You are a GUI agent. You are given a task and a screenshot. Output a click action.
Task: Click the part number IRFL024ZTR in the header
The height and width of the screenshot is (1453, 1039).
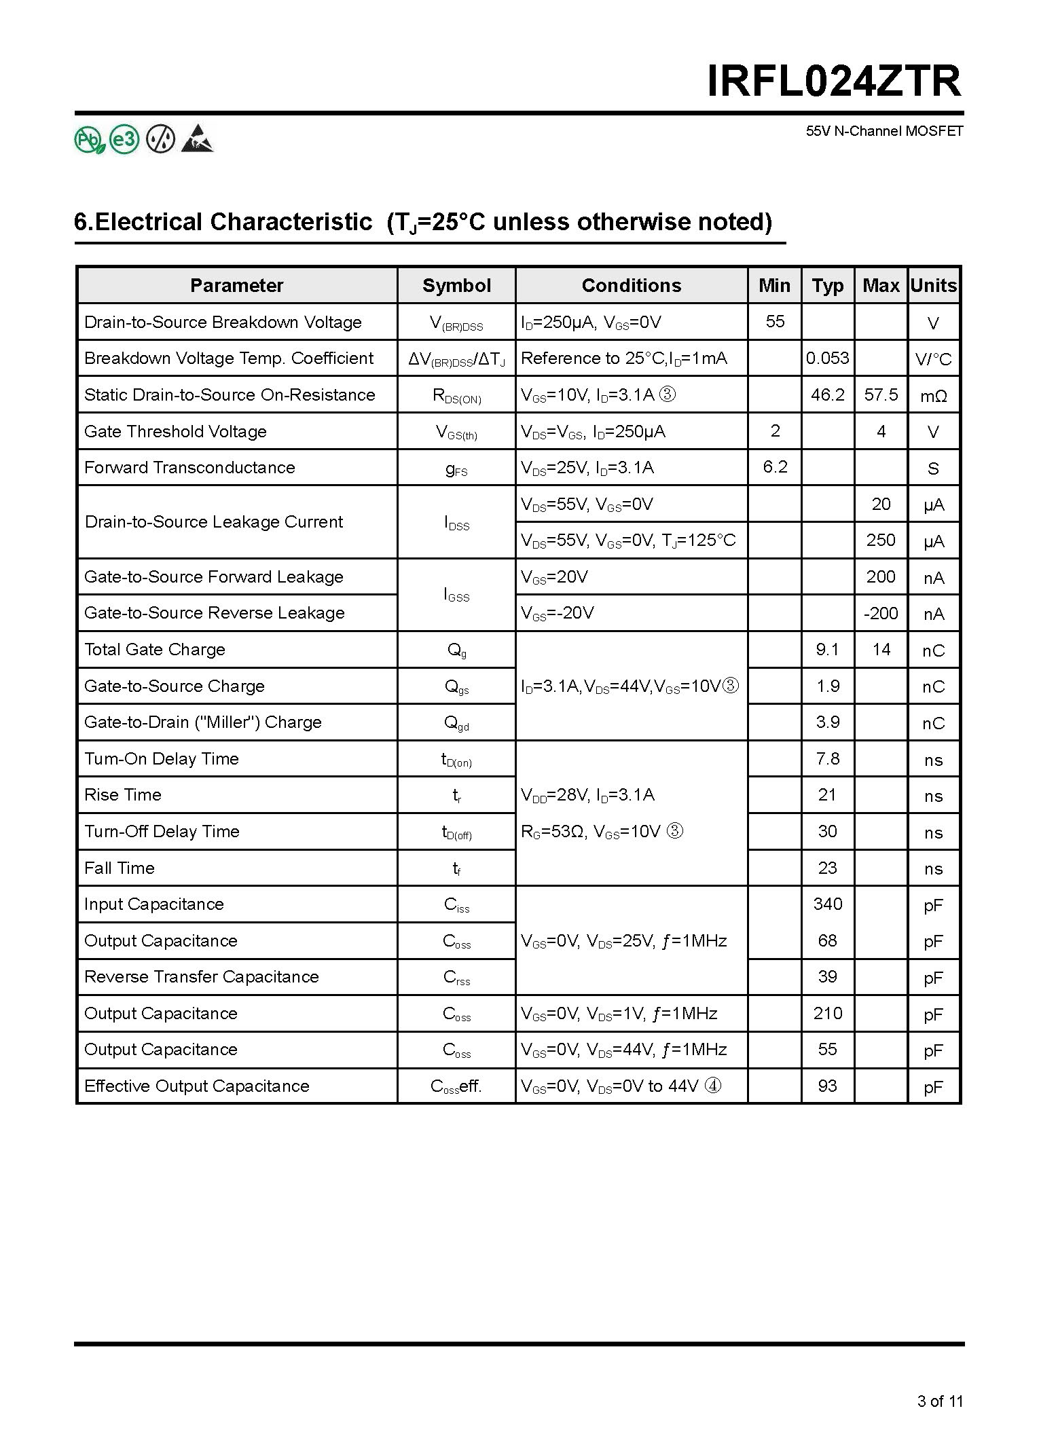point(834,81)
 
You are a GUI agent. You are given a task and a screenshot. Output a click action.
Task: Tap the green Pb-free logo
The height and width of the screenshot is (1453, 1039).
point(89,140)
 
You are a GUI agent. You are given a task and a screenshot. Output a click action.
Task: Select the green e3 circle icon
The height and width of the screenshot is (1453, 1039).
point(124,140)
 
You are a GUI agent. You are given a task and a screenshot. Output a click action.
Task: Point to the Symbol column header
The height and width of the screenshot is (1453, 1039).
point(456,286)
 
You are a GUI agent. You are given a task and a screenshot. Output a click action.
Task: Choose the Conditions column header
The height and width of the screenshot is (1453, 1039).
point(631,286)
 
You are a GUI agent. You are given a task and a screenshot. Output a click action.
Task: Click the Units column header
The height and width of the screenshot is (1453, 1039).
point(934,286)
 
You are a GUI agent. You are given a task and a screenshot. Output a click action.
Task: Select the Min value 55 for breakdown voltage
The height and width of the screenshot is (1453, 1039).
point(775,322)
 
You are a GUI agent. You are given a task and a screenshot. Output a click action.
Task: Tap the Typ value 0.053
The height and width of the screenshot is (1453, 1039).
point(827,358)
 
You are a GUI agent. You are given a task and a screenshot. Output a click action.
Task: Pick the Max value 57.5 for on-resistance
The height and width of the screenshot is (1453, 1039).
point(881,395)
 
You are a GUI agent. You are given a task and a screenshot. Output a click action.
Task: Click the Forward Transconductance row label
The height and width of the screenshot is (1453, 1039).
point(189,468)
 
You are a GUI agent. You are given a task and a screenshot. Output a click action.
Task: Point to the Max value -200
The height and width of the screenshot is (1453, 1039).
point(881,614)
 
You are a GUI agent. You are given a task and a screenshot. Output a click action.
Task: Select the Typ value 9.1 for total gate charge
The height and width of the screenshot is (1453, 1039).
point(827,650)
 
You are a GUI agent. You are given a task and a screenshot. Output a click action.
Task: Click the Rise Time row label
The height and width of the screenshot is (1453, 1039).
point(123,795)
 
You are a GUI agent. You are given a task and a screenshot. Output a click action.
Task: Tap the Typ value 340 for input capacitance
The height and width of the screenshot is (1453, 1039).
point(827,904)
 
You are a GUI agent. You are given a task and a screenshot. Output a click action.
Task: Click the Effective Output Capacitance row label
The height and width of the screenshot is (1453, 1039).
point(196,1086)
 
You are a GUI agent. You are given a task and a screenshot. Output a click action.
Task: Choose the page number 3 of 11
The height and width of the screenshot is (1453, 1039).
point(940,1401)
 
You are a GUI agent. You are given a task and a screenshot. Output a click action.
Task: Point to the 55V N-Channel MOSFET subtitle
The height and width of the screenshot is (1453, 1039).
point(884,132)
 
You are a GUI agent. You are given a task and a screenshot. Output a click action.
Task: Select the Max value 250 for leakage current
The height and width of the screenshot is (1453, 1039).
point(881,540)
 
